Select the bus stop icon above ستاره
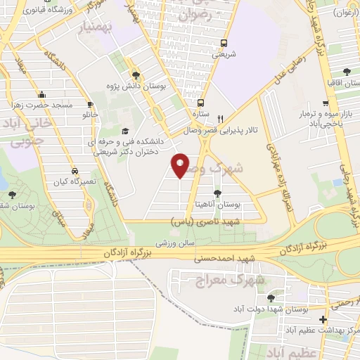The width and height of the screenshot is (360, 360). [x=201, y=102]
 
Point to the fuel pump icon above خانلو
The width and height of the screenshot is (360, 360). [x=89, y=103]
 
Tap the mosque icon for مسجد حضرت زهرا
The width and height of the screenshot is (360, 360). [x=41, y=95]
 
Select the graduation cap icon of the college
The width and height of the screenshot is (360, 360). [x=126, y=131]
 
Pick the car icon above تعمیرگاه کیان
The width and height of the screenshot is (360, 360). [x=74, y=172]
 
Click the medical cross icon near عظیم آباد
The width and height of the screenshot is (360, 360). [x=322, y=319]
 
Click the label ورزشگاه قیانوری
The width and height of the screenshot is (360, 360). [x=49, y=10]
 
